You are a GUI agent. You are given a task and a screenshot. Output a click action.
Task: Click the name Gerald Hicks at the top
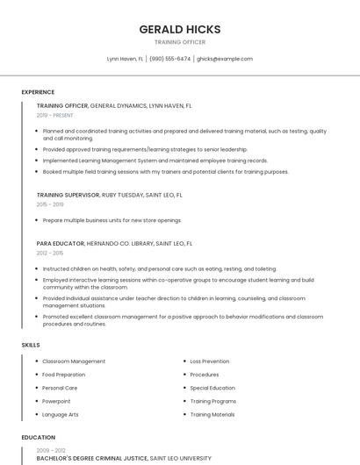pyautogui.click(x=179, y=29)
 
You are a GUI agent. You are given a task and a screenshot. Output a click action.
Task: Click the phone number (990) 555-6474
pyautogui.click(x=169, y=59)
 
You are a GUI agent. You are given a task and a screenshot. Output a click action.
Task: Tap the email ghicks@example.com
pyautogui.click(x=224, y=59)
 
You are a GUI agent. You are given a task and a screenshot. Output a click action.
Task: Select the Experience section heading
pyautogui.click(x=38, y=92)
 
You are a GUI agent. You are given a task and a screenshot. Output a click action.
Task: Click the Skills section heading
pyautogui.click(x=31, y=345)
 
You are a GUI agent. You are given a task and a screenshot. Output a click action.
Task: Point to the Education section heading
pyautogui.click(x=38, y=437)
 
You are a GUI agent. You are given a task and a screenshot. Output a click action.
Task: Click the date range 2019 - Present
pyautogui.click(x=55, y=115)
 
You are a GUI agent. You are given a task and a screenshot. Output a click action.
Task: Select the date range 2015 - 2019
pyautogui.click(x=50, y=204)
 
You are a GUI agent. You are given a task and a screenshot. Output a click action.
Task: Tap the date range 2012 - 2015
pyautogui.click(x=50, y=253)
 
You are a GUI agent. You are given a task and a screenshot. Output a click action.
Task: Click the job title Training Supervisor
pyautogui.click(x=68, y=195)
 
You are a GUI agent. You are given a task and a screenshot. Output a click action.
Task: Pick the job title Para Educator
pyautogui.click(x=60, y=243)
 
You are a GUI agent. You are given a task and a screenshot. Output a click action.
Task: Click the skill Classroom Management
pyautogui.click(x=74, y=361)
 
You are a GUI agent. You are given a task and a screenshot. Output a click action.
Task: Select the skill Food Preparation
pyautogui.click(x=64, y=375)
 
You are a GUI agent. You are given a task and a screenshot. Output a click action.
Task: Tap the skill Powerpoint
pyautogui.click(x=58, y=401)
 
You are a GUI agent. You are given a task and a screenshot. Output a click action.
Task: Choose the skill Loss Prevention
pyautogui.click(x=210, y=361)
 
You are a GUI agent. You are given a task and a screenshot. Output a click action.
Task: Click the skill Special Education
pyautogui.click(x=212, y=388)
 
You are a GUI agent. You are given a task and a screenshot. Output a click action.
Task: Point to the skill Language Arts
pyautogui.click(x=61, y=414)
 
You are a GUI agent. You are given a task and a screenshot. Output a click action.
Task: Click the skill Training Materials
pyautogui.click(x=212, y=414)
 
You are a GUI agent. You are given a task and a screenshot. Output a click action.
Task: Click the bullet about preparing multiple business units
pyautogui.click(x=112, y=220)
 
